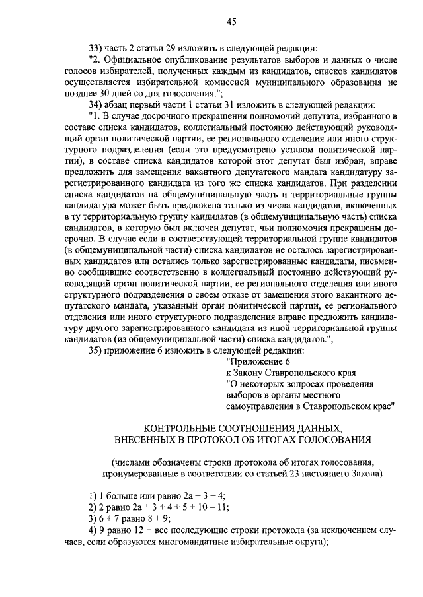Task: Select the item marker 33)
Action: (96, 48)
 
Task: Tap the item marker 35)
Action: (96, 350)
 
